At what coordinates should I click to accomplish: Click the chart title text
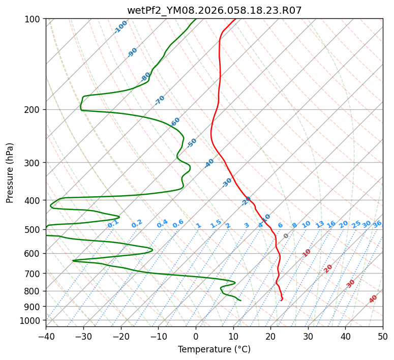(214, 11)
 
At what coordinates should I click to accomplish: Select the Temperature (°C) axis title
(214, 349)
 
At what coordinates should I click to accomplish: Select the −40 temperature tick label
(46, 336)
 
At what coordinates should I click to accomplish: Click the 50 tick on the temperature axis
(383, 336)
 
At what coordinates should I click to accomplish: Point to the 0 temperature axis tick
(196, 336)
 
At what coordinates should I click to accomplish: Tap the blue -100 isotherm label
(120, 27)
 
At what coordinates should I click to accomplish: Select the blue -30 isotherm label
(227, 183)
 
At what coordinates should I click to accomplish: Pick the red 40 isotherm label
(373, 299)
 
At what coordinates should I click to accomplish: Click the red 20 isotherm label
(328, 268)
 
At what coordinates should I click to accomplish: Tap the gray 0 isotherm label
(286, 236)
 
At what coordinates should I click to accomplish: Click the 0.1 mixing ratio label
(113, 224)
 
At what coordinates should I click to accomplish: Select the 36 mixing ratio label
(377, 224)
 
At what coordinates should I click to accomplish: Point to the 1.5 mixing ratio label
(216, 224)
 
